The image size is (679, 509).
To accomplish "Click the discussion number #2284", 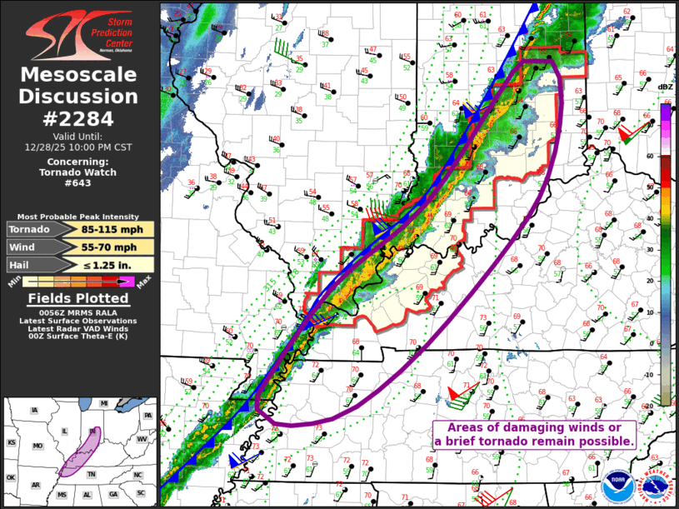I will (78, 118).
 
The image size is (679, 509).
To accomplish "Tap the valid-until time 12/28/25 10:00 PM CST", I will (78, 147).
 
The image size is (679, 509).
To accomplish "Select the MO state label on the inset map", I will (37, 447).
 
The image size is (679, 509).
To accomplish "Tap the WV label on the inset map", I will (141, 438).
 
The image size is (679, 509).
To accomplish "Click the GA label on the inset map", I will (113, 494).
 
